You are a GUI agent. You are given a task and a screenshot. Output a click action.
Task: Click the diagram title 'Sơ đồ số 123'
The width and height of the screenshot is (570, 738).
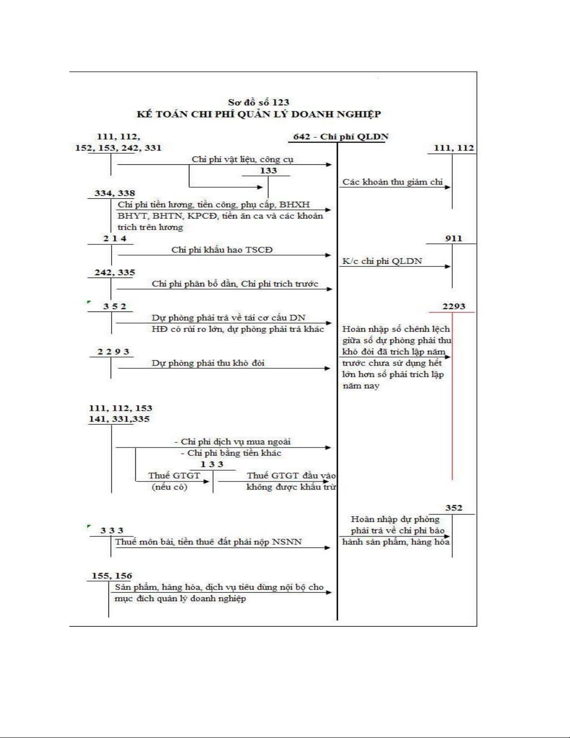(258, 102)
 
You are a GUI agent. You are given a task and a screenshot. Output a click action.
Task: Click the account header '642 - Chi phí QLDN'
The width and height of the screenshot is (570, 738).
(341, 137)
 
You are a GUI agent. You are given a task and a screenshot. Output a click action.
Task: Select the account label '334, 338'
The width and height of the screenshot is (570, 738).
(114, 193)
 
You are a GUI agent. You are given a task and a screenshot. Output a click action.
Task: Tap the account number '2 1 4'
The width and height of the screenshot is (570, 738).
(114, 238)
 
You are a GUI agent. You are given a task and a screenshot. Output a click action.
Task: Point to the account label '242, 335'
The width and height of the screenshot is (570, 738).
(114, 272)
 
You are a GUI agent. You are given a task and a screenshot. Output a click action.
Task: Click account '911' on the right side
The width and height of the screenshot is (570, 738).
(453, 238)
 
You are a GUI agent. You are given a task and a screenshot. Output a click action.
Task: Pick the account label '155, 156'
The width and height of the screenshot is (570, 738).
(112, 576)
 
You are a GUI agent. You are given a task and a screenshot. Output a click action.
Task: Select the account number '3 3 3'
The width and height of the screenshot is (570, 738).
(112, 531)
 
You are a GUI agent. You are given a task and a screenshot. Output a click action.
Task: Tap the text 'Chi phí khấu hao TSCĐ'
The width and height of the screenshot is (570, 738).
(222, 250)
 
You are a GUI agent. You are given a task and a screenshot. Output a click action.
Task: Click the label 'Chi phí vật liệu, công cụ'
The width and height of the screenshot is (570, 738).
(242, 159)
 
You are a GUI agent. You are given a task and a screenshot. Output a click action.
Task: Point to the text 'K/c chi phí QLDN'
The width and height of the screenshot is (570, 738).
(382, 261)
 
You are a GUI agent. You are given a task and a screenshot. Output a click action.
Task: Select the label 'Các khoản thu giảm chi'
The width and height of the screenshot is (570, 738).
(393, 182)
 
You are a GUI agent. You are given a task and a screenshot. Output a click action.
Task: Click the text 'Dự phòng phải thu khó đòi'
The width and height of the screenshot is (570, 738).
(208, 363)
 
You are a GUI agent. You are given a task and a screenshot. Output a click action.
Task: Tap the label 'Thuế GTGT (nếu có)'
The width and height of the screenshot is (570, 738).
(174, 481)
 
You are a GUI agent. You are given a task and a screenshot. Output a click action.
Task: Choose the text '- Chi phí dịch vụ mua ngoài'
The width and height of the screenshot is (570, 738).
(232, 442)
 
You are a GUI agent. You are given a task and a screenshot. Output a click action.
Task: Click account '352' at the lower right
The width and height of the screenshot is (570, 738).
(453, 508)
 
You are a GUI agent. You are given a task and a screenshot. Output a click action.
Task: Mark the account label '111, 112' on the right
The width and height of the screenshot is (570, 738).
(454, 148)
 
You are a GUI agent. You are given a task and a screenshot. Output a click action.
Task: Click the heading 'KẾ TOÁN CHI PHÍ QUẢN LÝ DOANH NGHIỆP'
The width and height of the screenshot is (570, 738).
(258, 114)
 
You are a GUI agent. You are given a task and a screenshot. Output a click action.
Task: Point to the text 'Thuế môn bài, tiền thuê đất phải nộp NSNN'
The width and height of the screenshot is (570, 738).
(208, 542)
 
